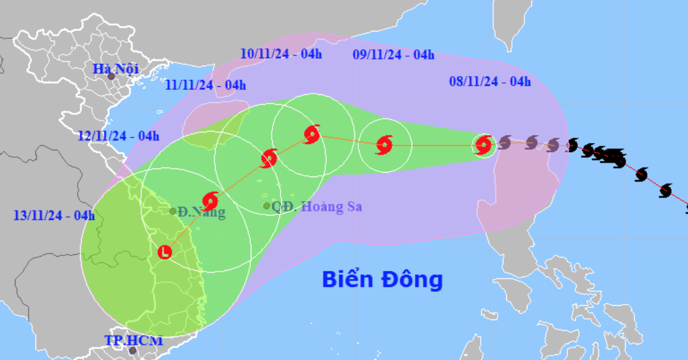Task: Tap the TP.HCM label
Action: (x=134, y=341)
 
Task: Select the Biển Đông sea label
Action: (x=382, y=280)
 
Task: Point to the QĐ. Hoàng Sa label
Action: (x=316, y=207)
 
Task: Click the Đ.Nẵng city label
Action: (x=201, y=212)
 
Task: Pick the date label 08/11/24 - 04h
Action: (x=490, y=82)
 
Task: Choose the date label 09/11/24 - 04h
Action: (x=393, y=55)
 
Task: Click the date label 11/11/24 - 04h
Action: (x=205, y=85)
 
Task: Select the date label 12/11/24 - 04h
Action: (x=119, y=136)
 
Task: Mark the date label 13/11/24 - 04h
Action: (x=54, y=216)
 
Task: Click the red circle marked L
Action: (x=165, y=252)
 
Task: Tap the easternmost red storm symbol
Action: (x=484, y=144)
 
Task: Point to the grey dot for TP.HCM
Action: (x=133, y=350)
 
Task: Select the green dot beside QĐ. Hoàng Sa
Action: (x=267, y=206)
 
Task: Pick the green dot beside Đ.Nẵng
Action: (x=173, y=211)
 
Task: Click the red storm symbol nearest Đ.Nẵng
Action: (x=210, y=201)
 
